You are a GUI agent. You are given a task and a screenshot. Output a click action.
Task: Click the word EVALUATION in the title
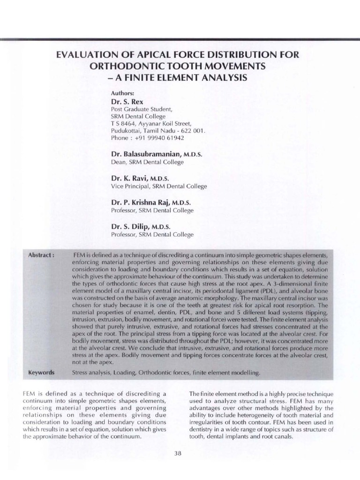87,55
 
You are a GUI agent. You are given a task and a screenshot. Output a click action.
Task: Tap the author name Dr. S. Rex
127,101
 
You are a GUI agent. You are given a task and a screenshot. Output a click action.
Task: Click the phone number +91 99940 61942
159,138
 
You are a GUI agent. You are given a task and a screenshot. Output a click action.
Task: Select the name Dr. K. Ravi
129,178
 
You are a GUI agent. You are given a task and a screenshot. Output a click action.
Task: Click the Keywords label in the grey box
42,373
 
